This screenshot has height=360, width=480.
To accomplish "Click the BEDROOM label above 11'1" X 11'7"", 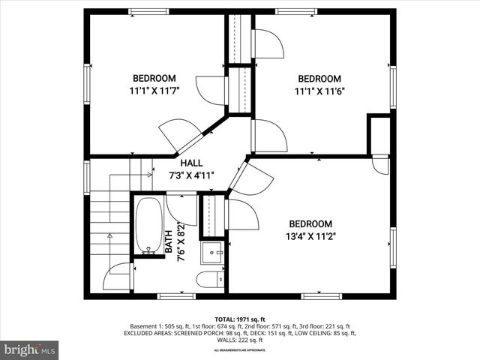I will click(x=154, y=78).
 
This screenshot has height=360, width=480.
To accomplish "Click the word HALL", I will click(x=191, y=163).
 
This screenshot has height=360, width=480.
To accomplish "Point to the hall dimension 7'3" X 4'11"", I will click(x=191, y=175).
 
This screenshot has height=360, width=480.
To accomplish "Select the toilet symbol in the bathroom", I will click(x=209, y=279).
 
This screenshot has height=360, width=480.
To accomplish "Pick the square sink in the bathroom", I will click(x=214, y=253).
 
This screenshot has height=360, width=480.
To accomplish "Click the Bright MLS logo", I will click(x=30, y=349).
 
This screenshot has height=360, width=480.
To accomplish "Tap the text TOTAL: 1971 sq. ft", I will click(x=239, y=319).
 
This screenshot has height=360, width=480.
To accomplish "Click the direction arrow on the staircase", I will click(x=110, y=236).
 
